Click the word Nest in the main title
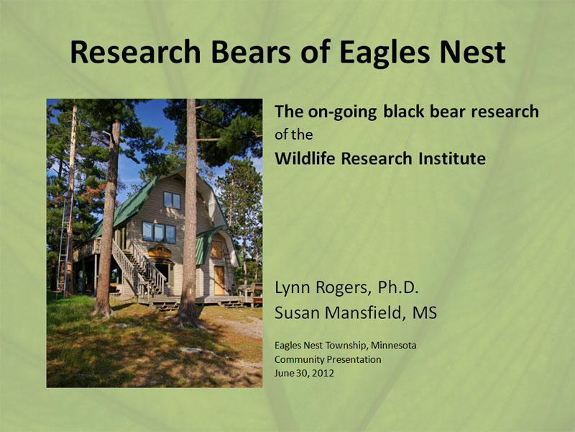click(x=474, y=52)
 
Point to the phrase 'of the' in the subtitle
click(x=294, y=135)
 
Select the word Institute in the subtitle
click(x=451, y=158)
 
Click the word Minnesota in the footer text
click(x=392, y=346)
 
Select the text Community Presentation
click(x=328, y=359)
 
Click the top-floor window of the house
click(x=172, y=199)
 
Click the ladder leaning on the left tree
click(x=65, y=238)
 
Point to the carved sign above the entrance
click(x=160, y=252)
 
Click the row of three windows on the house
click(x=159, y=232)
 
